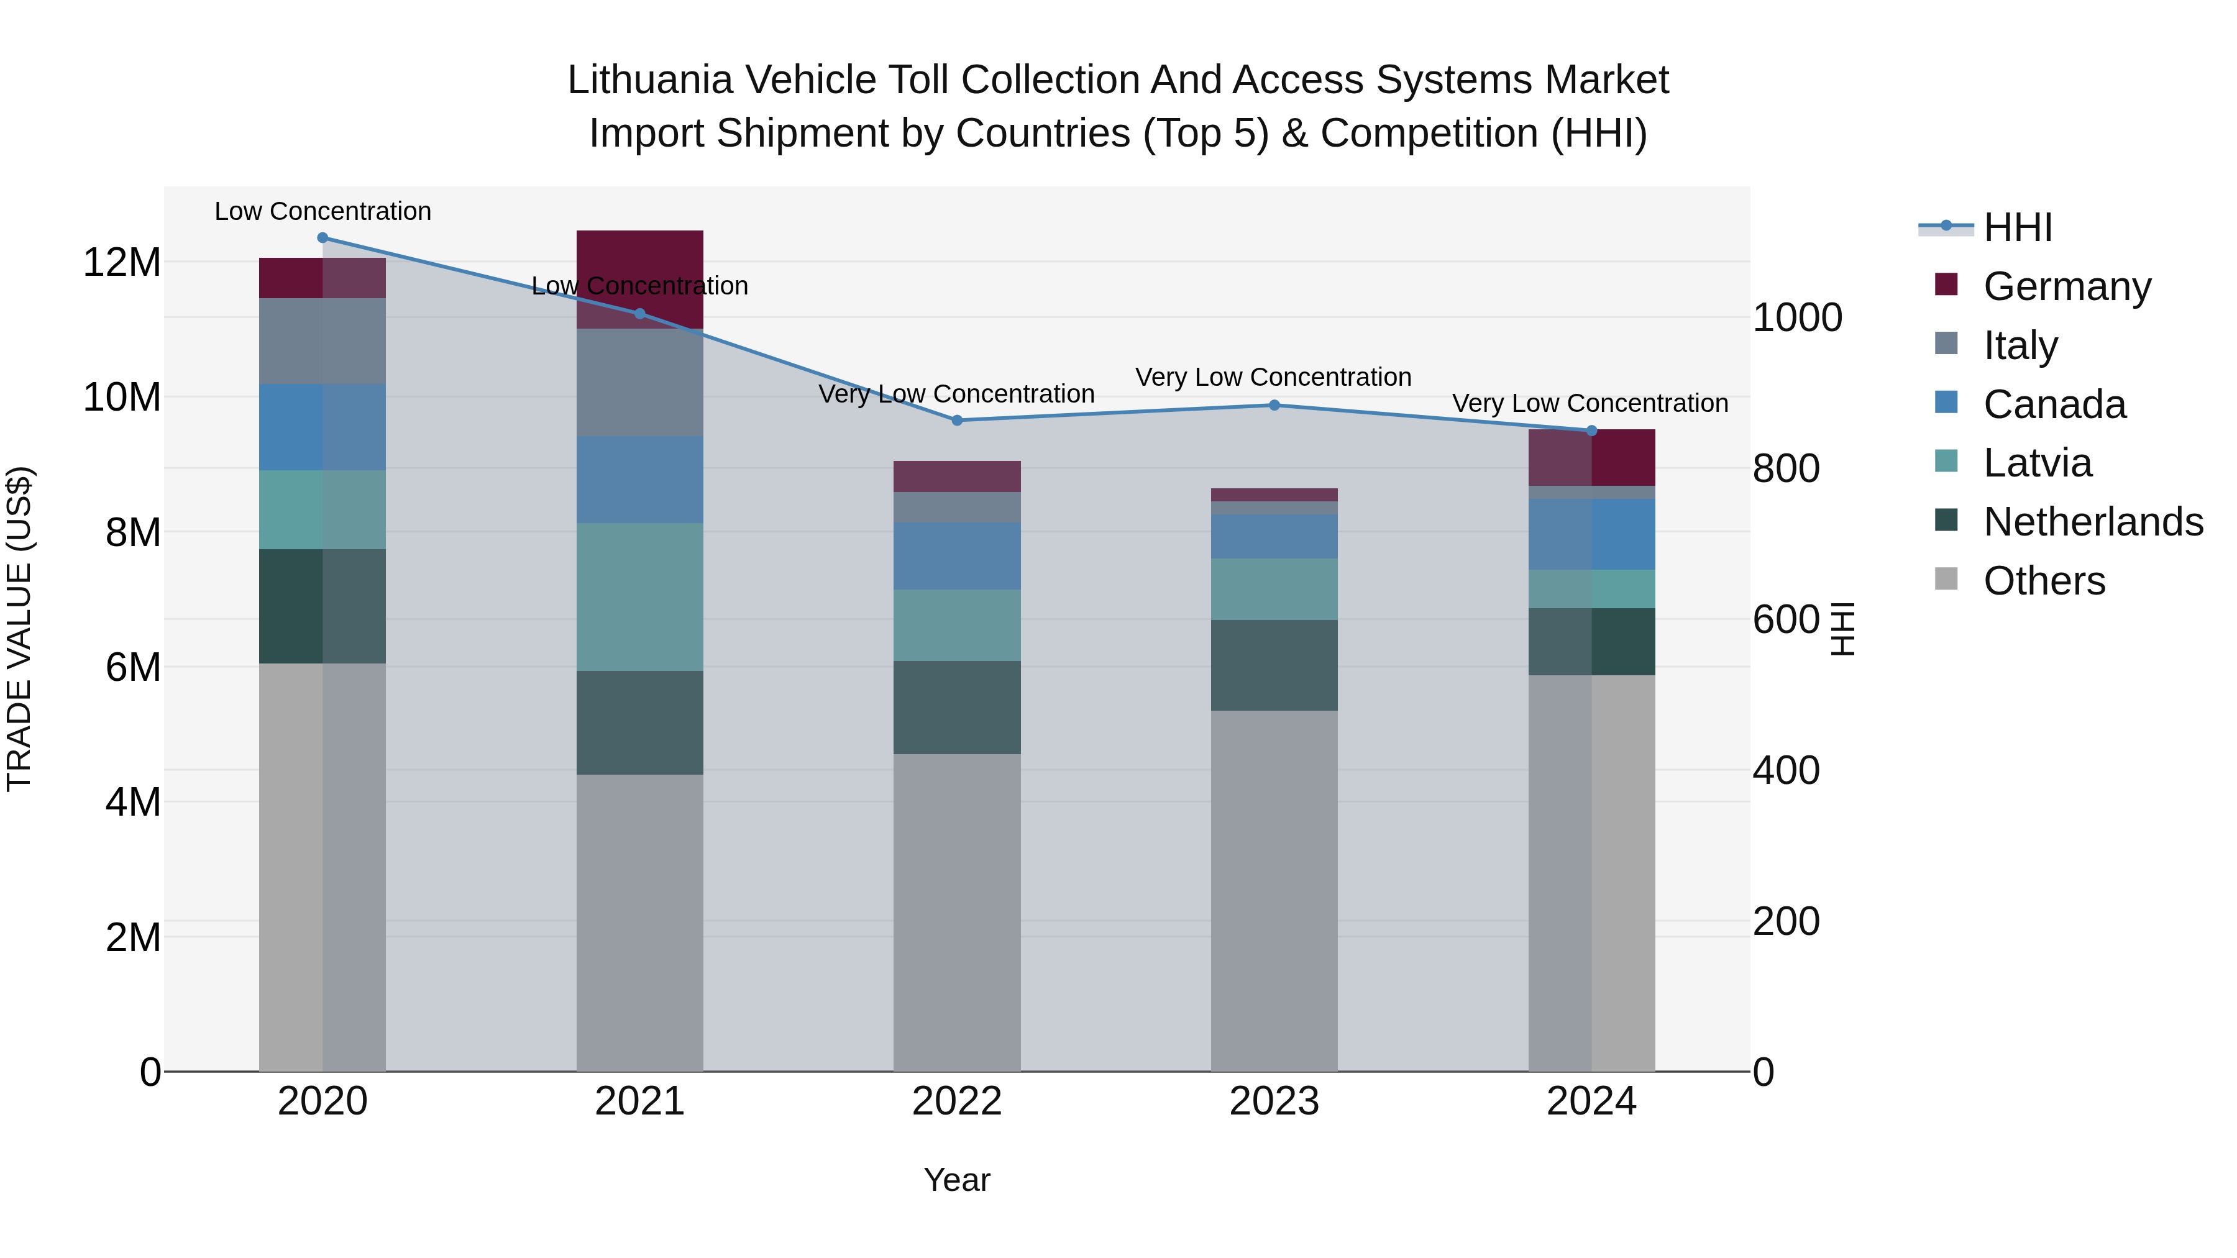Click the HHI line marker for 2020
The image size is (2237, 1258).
pyautogui.click(x=322, y=238)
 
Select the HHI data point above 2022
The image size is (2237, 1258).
pyautogui.click(x=957, y=420)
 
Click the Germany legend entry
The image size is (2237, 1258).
pyautogui.click(x=2067, y=286)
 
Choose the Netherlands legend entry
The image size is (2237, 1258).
pyautogui.click(x=2093, y=522)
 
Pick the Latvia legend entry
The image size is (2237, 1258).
pyautogui.click(x=2038, y=463)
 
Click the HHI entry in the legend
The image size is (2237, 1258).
pyautogui.click(x=2017, y=227)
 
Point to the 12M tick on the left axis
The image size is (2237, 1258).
pyautogui.click(x=122, y=262)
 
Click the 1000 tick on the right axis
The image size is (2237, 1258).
pyautogui.click(x=1796, y=317)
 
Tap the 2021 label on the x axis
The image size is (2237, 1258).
pyautogui.click(x=639, y=1101)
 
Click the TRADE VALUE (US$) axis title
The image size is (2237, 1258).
pyautogui.click(x=19, y=629)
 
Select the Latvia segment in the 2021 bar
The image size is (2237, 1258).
pyautogui.click(x=640, y=596)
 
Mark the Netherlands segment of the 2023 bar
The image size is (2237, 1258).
pyautogui.click(x=1274, y=665)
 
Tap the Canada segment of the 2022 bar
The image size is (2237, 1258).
pyautogui.click(x=957, y=555)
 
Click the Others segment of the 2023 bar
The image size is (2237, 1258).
pyautogui.click(x=1274, y=890)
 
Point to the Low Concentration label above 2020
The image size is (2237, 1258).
pyautogui.click(x=322, y=212)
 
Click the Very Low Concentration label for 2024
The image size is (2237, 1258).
pyautogui.click(x=1590, y=404)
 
